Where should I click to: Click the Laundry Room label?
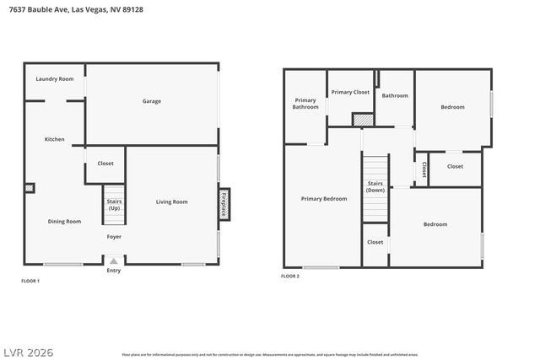coord(55,79)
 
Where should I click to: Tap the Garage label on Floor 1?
coord(151,101)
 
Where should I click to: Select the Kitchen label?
coord(55,139)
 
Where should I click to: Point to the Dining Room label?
coord(64,221)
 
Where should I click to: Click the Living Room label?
coord(171,201)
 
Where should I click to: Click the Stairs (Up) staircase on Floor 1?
coord(114,205)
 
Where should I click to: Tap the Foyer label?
coord(114,237)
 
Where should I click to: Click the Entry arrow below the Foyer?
coord(114,261)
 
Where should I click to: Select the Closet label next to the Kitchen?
coord(105,164)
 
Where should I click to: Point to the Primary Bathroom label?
coord(305,104)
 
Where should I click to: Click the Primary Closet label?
coord(349,92)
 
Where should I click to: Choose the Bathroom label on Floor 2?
coord(395,95)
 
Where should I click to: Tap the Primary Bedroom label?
coord(324,199)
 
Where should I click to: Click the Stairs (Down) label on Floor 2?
coord(375,186)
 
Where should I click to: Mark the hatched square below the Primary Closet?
coord(362,120)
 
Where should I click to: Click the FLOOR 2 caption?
coord(290,276)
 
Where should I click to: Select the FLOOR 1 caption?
coord(30,280)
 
